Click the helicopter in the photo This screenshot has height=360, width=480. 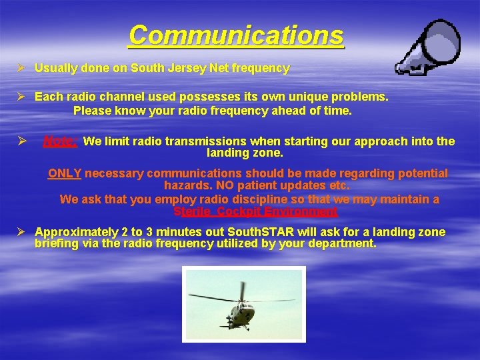tap(241, 308)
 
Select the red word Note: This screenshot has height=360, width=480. tap(61, 141)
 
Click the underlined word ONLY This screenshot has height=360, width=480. tap(65, 173)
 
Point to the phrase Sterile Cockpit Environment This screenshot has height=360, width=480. tap(255, 211)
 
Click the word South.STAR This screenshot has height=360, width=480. tap(259, 232)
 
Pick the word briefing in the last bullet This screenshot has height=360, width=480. tap(57, 243)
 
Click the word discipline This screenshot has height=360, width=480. tap(271, 199)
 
